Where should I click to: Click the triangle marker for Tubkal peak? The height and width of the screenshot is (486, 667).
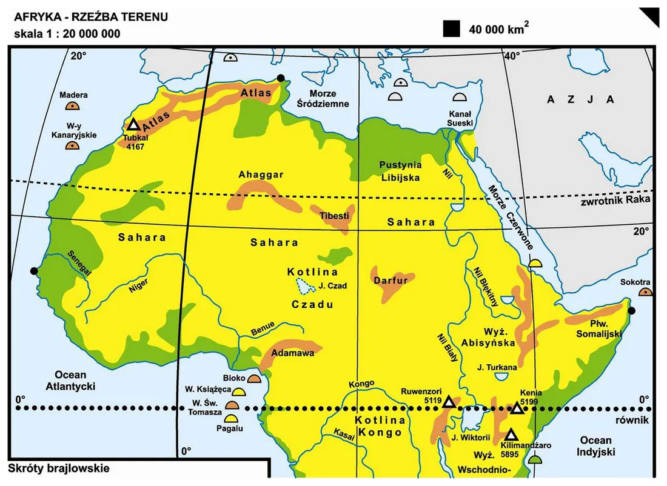133,125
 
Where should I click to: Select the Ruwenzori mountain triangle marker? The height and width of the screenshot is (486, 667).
449,402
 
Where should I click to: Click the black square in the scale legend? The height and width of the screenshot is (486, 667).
451,29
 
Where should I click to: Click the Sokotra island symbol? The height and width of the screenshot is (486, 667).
645,292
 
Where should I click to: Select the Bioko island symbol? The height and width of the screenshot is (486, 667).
254,379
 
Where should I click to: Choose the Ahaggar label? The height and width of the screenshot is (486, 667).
261,175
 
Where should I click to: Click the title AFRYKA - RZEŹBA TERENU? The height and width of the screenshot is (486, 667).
91,17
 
